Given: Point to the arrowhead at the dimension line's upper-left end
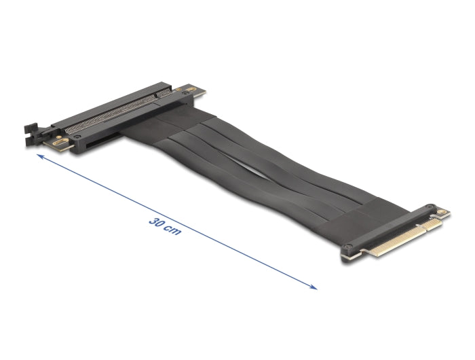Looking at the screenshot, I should pyautogui.click(x=40, y=156).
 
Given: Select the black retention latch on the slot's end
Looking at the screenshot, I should pyautogui.click(x=31, y=129).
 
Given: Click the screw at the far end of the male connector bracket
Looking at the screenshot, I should pyautogui.click(x=430, y=207).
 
